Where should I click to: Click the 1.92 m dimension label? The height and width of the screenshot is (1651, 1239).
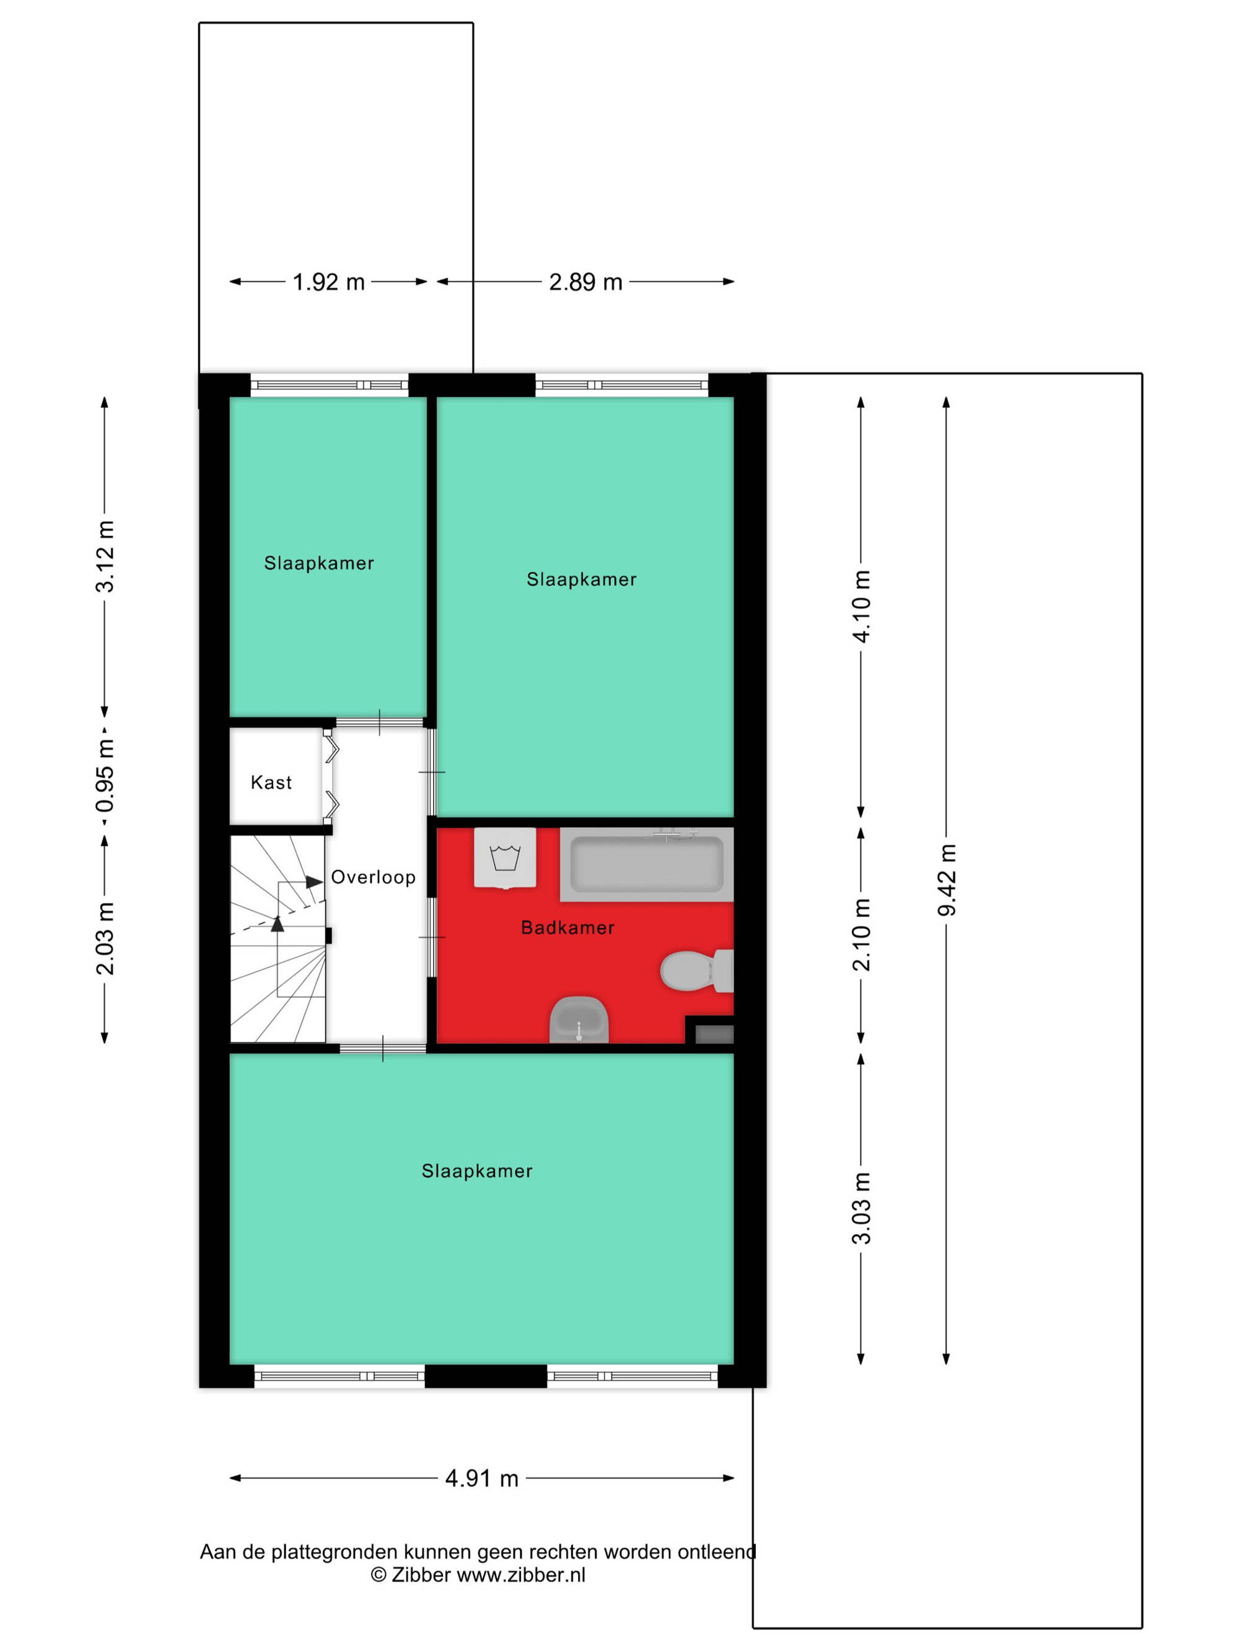click(x=328, y=282)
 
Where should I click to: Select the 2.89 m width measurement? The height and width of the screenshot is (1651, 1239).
click(x=585, y=282)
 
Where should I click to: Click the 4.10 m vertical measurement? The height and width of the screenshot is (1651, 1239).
click(x=862, y=606)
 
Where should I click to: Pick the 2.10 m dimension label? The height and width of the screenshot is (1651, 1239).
click(x=862, y=935)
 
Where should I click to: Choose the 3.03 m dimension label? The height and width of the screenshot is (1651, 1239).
click(x=862, y=1208)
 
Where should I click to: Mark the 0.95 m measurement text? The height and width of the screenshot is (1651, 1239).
click(x=105, y=776)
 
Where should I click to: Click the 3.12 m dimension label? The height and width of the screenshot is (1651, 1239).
click(x=105, y=557)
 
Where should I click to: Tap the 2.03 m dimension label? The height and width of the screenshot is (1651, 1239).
click(x=105, y=938)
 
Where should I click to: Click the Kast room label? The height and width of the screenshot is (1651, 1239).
click(x=271, y=782)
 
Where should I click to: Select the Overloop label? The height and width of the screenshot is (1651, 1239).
click(x=374, y=877)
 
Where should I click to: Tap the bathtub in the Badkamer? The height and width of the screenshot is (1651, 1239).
click(x=647, y=864)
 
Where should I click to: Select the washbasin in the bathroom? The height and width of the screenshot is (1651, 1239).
click(x=579, y=1020)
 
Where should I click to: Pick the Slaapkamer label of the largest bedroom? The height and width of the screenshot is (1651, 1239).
click(x=477, y=1171)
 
